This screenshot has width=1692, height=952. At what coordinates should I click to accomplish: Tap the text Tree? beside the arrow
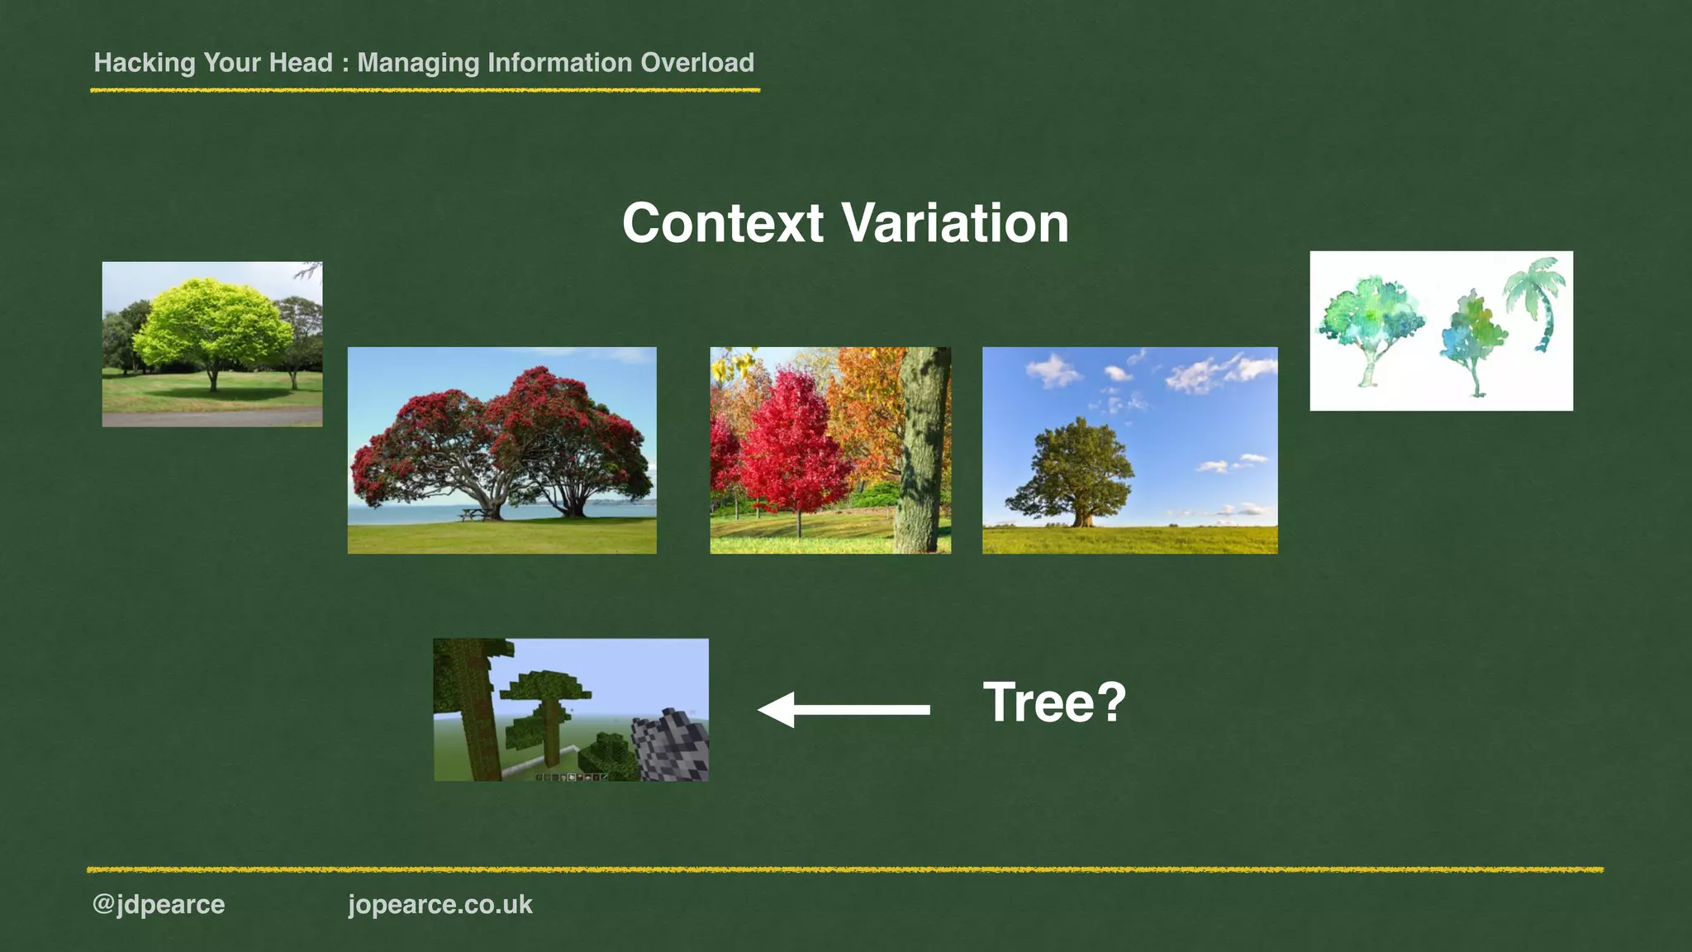1054,702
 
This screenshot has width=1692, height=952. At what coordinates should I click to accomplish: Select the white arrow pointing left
843,709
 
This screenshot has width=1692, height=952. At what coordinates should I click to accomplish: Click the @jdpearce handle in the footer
159,904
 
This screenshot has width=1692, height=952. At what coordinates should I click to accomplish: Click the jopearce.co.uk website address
440,904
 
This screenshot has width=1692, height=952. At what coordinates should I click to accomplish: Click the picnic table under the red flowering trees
471,515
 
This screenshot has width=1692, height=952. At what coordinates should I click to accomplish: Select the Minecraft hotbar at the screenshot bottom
571,777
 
